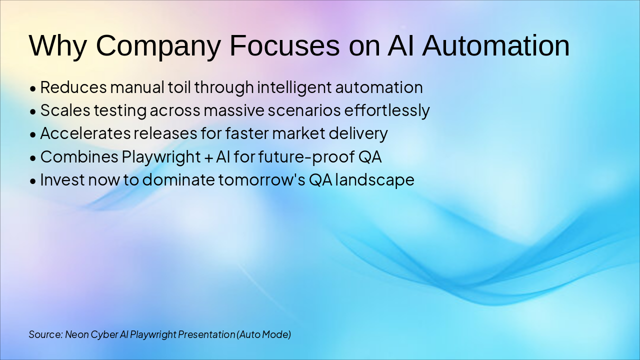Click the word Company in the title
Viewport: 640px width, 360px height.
[158, 46]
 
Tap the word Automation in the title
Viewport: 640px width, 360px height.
[495, 46]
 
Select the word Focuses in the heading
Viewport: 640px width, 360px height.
[284, 46]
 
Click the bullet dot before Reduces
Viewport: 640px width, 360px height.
[33, 89]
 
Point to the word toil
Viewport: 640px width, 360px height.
[179, 87]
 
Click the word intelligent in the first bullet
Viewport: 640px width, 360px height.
[294, 87]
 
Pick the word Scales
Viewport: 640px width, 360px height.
[65, 110]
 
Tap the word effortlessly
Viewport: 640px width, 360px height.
[387, 111]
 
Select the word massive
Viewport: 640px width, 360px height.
[234, 110]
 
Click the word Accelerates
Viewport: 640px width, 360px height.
[85, 133]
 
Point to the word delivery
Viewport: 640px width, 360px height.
[358, 134]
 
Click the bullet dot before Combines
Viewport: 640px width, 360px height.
[33, 158]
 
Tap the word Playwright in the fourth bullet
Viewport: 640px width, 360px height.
[161, 157]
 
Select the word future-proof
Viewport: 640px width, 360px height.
[306, 157]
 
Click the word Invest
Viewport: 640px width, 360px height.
[62, 179]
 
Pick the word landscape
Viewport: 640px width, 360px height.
[374, 180]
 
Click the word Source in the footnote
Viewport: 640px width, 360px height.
[45, 334]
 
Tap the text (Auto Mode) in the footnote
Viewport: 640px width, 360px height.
[263, 334]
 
